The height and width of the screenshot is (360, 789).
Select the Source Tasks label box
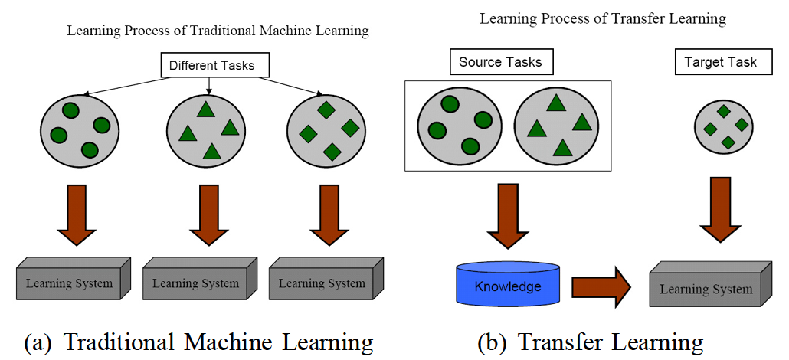[x=500, y=62]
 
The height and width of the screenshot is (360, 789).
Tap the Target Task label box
[x=720, y=62]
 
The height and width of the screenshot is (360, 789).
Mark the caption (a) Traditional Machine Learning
[x=198, y=342]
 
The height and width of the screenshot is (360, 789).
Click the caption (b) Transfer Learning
[x=590, y=342]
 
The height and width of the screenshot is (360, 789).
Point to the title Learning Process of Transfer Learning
[x=603, y=18]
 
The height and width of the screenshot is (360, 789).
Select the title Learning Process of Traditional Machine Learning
[x=218, y=31]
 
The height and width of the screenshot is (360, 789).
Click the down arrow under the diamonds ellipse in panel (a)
[x=329, y=212]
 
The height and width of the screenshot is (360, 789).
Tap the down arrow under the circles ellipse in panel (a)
[x=77, y=212]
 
